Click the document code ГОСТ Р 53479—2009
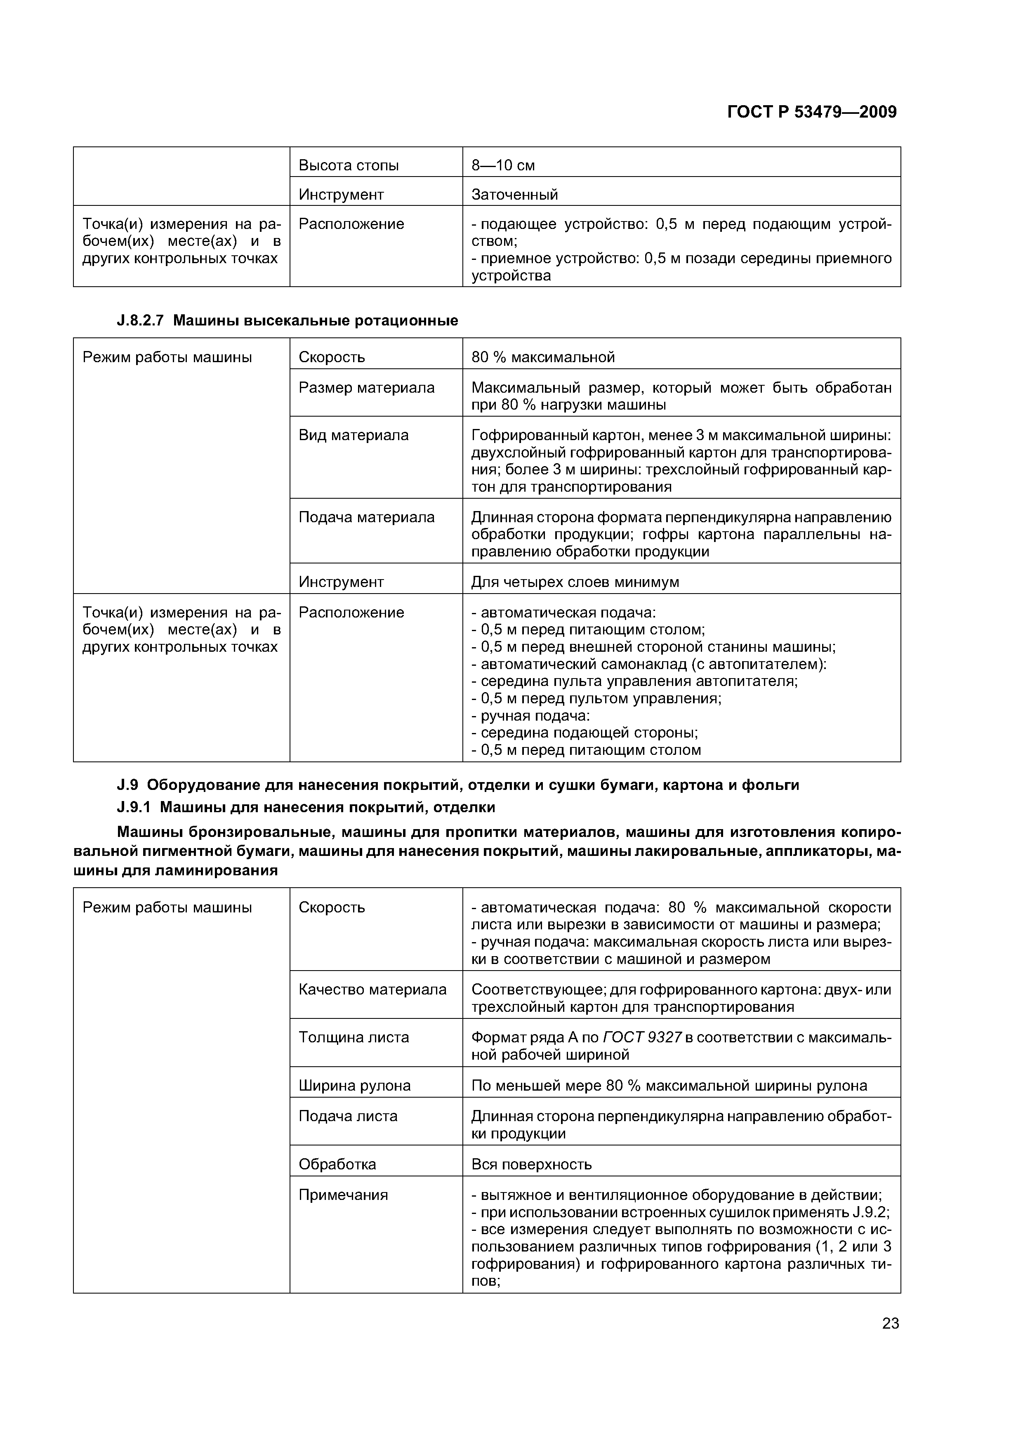click(x=811, y=112)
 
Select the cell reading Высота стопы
click(x=349, y=166)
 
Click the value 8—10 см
click(x=503, y=166)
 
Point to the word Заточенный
click(x=514, y=195)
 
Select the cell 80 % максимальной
click(x=543, y=357)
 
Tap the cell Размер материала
click(x=366, y=388)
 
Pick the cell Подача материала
click(x=366, y=517)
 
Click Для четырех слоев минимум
click(x=575, y=582)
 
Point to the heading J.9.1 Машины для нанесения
click(x=306, y=807)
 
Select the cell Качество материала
click(x=372, y=990)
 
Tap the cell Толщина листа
click(x=354, y=1037)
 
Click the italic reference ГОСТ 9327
click(x=642, y=1037)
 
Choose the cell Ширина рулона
click(x=354, y=1085)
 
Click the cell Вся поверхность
click(x=531, y=1164)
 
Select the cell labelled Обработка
click(x=337, y=1164)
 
